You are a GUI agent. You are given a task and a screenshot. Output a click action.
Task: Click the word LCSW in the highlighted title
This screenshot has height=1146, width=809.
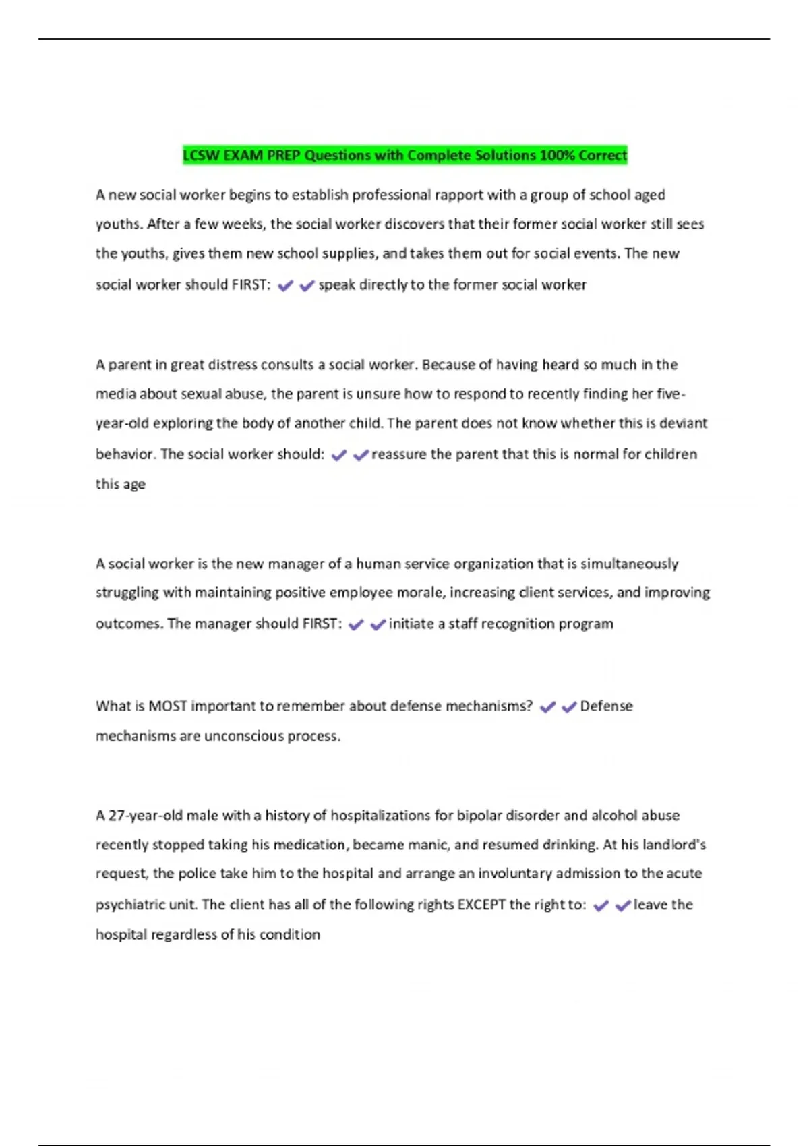201,156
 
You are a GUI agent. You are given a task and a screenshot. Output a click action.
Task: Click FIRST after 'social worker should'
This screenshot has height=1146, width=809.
251,284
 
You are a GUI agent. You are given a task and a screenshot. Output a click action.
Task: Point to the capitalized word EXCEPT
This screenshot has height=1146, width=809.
481,905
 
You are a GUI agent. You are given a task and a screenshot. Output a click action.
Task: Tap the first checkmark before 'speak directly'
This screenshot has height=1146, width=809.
286,286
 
